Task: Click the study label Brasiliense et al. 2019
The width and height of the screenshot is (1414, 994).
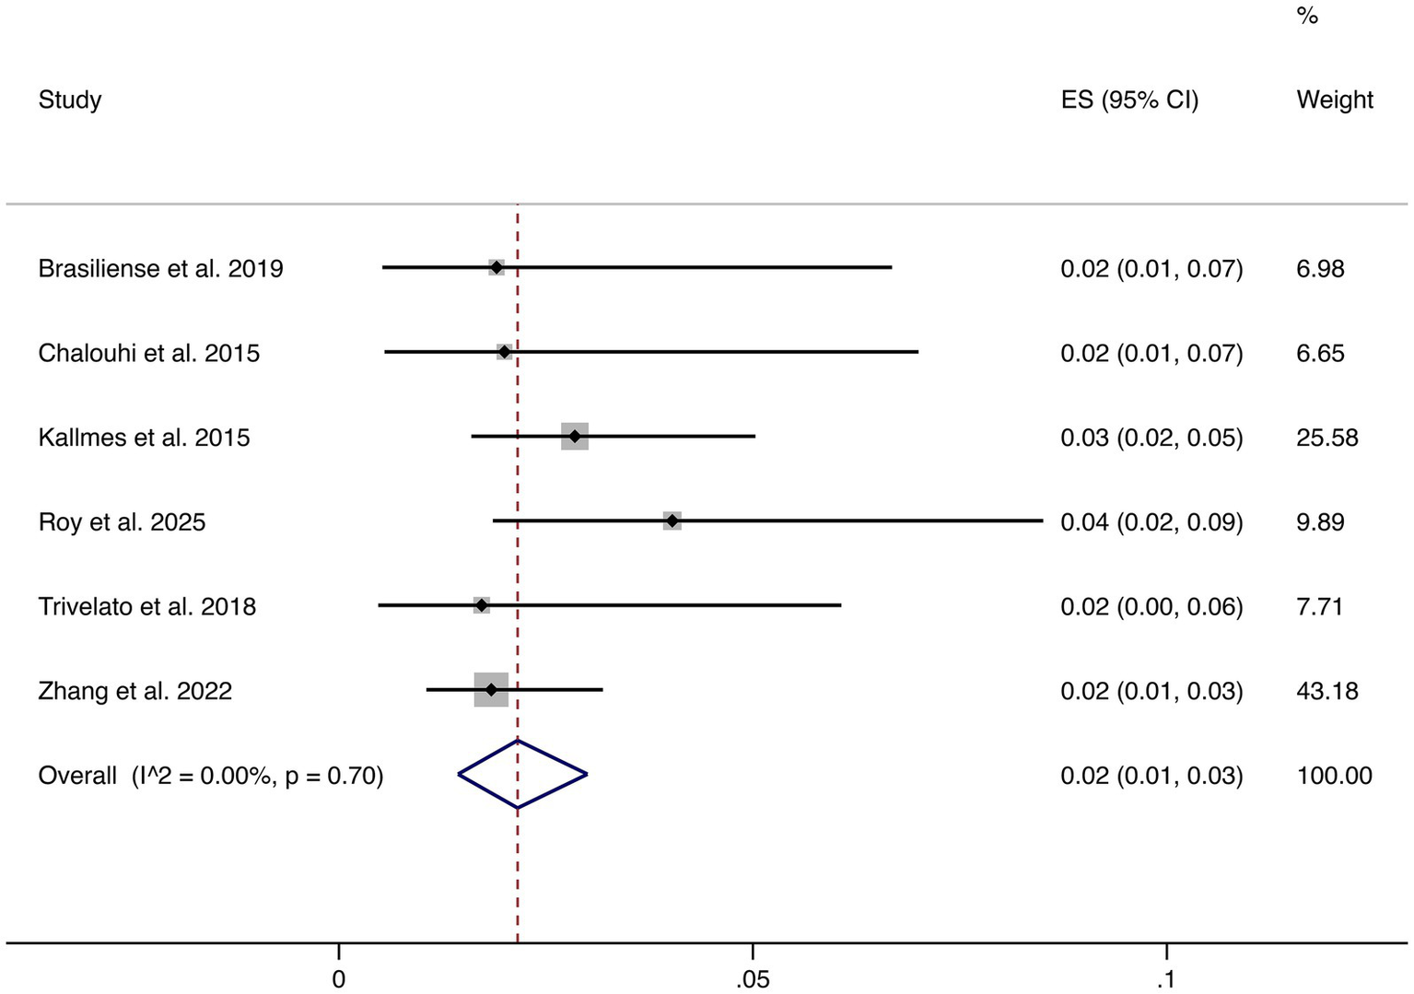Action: tap(160, 269)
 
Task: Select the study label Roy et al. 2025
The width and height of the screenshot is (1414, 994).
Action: tap(122, 522)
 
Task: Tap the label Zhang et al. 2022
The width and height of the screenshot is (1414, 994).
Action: tap(134, 691)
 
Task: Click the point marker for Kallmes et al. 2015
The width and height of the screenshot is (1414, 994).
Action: tap(575, 437)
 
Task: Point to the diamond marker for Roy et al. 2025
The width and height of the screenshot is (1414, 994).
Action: tap(672, 521)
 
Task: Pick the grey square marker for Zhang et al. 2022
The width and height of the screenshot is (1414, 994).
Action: tap(491, 690)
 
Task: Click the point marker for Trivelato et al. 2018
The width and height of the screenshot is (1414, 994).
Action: tap(481, 605)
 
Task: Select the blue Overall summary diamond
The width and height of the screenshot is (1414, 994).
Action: tap(521, 775)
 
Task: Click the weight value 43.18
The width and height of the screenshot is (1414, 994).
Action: tap(1326, 691)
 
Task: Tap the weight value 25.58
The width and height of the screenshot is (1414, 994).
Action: tap(1326, 438)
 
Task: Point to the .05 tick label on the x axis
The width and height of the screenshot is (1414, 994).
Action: tap(752, 979)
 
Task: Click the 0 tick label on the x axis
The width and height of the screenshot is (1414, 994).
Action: tap(339, 979)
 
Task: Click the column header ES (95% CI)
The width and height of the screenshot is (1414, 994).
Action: tap(1129, 99)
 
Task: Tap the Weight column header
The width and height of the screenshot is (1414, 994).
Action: tap(1334, 99)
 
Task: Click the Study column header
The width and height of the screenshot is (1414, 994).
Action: tap(70, 99)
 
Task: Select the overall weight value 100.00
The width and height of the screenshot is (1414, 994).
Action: tap(1334, 776)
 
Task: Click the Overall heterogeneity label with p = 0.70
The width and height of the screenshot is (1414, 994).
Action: tap(210, 776)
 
